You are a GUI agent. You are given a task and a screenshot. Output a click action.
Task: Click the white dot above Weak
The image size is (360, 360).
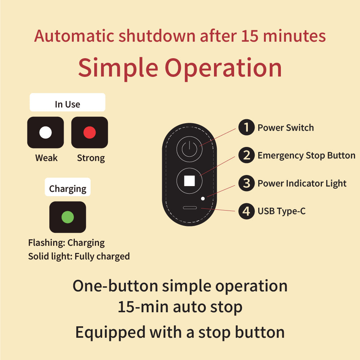coord(46,133)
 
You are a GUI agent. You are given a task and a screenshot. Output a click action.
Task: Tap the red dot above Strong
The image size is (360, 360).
coord(90,133)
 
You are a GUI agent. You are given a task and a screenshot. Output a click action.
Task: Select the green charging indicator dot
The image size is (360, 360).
coord(68,217)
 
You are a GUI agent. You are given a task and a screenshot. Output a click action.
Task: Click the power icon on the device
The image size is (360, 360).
coord(190,149)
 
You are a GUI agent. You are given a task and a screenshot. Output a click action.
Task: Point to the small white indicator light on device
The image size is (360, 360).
coord(203,199)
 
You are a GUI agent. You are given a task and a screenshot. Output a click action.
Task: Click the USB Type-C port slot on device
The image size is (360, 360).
coord(190,208)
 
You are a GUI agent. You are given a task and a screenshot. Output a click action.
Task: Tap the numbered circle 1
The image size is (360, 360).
coord(246,127)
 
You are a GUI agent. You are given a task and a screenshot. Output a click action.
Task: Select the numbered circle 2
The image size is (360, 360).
coord(246,155)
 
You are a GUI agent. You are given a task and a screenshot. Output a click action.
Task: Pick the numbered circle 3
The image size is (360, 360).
coord(246,183)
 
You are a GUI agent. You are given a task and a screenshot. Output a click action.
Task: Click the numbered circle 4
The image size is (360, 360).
coord(246,211)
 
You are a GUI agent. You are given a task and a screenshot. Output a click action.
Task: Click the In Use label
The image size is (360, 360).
coord(67,104)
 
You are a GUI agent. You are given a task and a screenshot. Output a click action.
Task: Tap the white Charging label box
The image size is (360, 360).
coord(68,187)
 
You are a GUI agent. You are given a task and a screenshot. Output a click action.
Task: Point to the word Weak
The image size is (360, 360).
coord(46,158)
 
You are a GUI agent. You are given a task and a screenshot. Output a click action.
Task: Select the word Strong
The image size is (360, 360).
coord(91,158)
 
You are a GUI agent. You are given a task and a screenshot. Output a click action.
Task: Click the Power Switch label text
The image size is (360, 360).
coord(286,128)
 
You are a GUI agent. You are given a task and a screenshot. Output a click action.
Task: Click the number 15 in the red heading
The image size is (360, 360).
coord(250,36)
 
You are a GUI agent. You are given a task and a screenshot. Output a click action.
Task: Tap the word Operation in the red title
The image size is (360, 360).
coord(223,68)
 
